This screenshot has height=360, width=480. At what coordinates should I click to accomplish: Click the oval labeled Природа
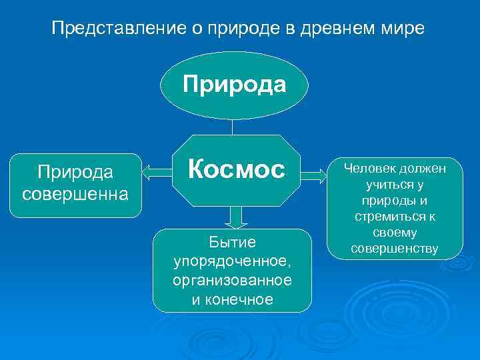(x=234, y=85)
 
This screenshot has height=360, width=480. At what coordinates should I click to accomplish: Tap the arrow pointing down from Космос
(x=235, y=217)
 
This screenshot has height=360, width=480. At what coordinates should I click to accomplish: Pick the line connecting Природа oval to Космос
(x=233, y=127)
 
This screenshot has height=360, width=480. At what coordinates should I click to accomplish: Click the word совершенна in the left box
(x=75, y=195)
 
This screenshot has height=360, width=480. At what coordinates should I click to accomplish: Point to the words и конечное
(x=232, y=299)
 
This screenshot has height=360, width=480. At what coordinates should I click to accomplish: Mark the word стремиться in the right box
(x=391, y=217)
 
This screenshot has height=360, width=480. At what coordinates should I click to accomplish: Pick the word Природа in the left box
(x=75, y=173)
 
